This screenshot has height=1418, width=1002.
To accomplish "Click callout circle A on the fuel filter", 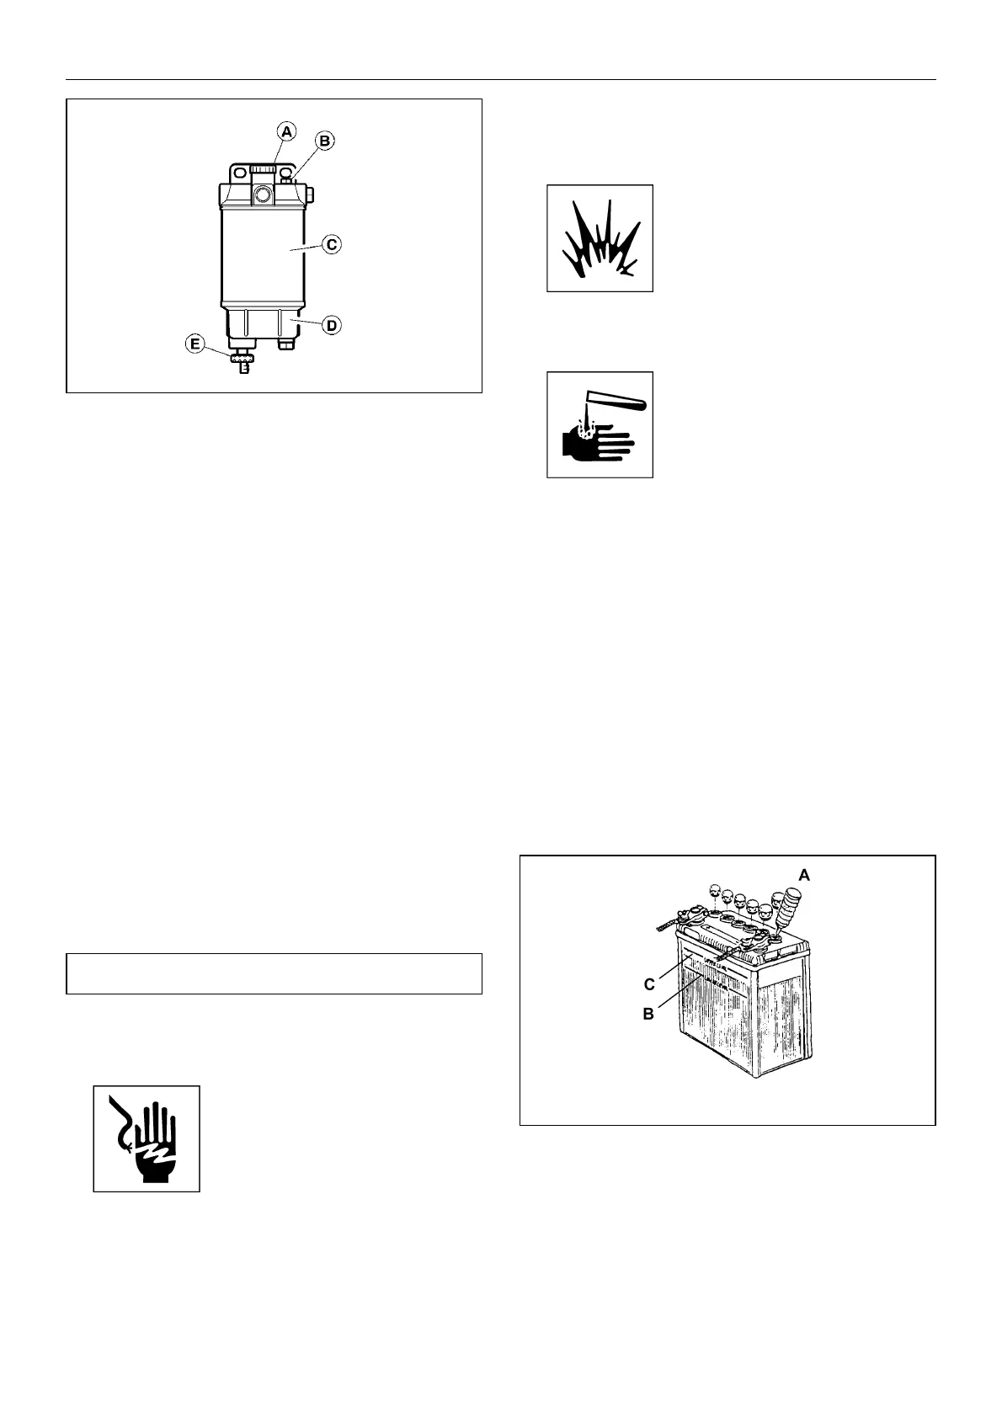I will tap(287, 131).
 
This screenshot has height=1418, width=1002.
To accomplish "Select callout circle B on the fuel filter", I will tap(325, 140).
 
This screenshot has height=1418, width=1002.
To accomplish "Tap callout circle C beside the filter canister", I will tap(332, 244).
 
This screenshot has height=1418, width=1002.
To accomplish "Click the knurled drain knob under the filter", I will tap(243, 360).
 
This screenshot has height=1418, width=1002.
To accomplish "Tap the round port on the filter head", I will tap(262, 195).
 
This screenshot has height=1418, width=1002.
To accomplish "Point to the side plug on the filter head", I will tap(309, 195).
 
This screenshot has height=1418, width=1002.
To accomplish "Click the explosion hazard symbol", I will tap(600, 238).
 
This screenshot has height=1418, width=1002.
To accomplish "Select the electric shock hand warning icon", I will tap(146, 1138).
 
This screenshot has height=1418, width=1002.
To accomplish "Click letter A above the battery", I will tap(804, 876).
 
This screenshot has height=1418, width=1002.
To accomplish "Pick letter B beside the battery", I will tap(648, 1015).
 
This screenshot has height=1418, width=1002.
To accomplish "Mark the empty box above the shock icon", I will tap(274, 973).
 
